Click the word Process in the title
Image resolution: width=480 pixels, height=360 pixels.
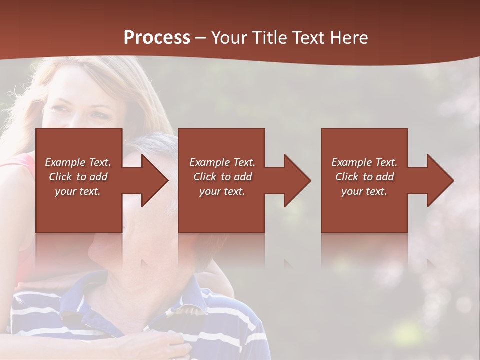coord(157,38)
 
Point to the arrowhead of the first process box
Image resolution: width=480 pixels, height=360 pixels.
coord(155,180)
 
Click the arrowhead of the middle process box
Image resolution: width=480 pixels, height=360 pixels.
coord(298,180)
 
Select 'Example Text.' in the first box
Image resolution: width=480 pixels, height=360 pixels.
coord(78,162)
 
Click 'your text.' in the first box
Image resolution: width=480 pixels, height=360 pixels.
coord(78,191)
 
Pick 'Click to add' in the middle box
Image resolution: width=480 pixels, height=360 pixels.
coord(222,177)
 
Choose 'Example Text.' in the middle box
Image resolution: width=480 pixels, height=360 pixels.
coord(222,162)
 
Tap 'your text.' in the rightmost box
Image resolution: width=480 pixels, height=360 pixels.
coord(364,191)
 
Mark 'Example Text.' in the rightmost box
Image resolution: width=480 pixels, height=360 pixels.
coord(364,162)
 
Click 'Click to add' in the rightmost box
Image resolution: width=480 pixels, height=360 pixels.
coord(364,177)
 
